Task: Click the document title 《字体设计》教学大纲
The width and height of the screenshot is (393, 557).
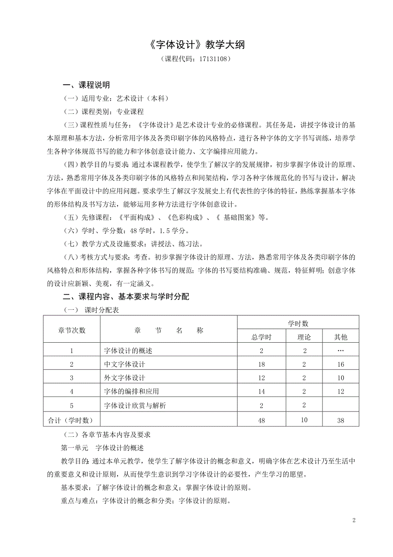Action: [196, 45]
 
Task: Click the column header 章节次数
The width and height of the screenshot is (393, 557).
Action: [72, 330]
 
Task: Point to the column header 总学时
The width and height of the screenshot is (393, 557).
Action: [261, 337]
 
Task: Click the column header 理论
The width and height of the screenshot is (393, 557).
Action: [304, 337]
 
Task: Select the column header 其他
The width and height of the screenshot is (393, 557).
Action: [340, 337]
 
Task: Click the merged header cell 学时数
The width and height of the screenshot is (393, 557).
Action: [298, 323]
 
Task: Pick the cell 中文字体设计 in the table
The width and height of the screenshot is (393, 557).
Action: [125, 364]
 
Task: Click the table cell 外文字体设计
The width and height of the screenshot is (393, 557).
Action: [125, 378]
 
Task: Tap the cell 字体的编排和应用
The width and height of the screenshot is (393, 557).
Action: [132, 391]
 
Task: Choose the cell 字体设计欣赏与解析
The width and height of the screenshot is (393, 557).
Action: [135, 406]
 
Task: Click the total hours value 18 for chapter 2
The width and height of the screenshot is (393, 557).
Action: [261, 364]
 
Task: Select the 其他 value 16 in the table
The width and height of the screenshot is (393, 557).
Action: [340, 364]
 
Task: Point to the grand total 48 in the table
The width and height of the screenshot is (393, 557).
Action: [261, 421]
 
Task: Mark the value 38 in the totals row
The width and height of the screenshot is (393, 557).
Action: [340, 421]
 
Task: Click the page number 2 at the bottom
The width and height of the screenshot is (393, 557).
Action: [354, 520]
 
